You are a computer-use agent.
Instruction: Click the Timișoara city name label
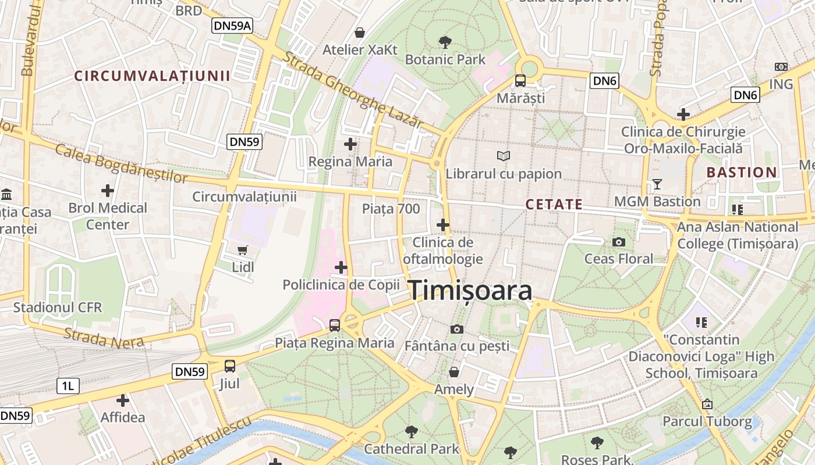tap(470, 291)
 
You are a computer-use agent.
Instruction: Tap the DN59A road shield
tap(232, 25)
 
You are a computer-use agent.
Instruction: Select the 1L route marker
tap(68, 385)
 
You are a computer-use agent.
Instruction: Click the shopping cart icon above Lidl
tap(243, 250)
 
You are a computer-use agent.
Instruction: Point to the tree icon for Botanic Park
tap(445, 42)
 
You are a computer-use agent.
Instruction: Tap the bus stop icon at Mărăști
tap(520, 81)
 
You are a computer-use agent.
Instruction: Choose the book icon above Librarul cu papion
tap(504, 156)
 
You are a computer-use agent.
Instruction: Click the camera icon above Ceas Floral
tap(619, 241)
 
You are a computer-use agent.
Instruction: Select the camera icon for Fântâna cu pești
tap(457, 329)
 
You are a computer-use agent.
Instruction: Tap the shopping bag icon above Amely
tap(454, 371)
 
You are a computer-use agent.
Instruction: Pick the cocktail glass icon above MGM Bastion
tap(657, 184)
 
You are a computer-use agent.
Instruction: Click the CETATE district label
tap(554, 204)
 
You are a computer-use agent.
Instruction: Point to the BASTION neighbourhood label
tap(742, 172)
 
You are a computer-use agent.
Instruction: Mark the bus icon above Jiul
tap(230, 366)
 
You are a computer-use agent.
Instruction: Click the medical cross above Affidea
tap(123, 400)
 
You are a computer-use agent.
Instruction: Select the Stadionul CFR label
tap(58, 307)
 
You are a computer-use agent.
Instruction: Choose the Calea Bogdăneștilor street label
tap(122, 162)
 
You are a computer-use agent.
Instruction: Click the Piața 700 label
tap(391, 209)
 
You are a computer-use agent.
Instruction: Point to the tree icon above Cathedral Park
tap(412, 431)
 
